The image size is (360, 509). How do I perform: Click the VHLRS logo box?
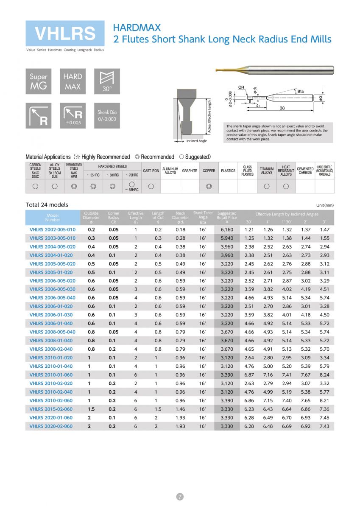(x=65, y=34)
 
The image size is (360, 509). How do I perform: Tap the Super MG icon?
(x=39, y=81)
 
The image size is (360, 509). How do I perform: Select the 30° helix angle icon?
(x=107, y=81)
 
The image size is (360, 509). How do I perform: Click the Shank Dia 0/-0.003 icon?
(x=107, y=115)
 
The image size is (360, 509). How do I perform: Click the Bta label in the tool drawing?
(x=300, y=91)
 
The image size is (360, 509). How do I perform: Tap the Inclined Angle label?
(x=197, y=141)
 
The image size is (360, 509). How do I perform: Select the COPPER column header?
(x=209, y=171)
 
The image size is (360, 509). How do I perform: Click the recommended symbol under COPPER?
(x=209, y=186)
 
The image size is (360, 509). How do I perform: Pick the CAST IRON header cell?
(x=151, y=171)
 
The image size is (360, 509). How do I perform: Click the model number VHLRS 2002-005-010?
(x=53, y=229)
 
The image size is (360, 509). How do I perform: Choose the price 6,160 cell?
(x=227, y=229)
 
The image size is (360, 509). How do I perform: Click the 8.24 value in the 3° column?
(x=325, y=375)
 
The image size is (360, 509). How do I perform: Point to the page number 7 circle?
(x=180, y=497)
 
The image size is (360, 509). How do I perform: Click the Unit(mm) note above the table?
(x=325, y=205)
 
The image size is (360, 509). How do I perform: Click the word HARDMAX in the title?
(x=137, y=28)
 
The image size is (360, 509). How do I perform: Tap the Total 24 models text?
(x=47, y=204)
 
